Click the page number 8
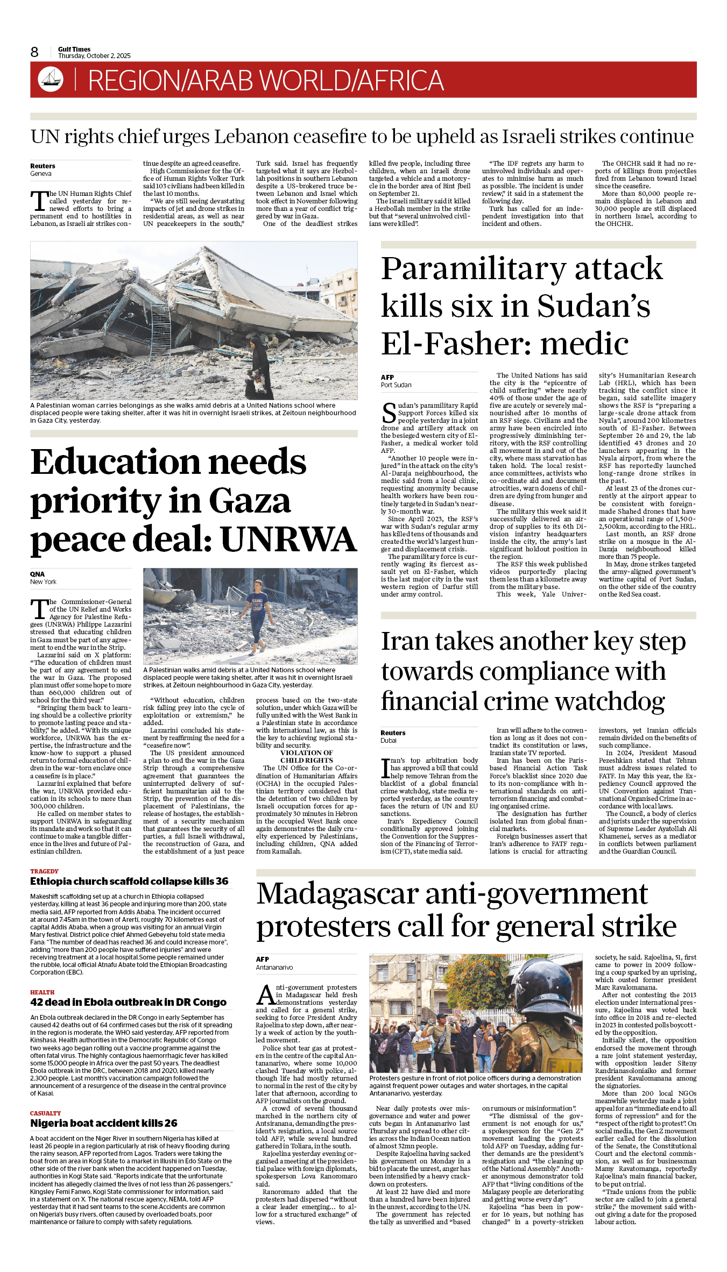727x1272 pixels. [x=34, y=52]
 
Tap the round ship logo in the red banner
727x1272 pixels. [x=51, y=79]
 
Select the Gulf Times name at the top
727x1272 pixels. [x=74, y=49]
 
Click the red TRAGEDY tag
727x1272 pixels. [x=44, y=871]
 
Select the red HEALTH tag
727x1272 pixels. [x=43, y=992]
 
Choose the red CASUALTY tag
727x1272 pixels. [x=45, y=1113]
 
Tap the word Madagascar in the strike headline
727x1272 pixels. [x=337, y=894]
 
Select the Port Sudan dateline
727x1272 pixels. [x=396, y=385]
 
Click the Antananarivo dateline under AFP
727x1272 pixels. [x=274, y=968]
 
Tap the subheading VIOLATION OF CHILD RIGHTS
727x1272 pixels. [x=306, y=757]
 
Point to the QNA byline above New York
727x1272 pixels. [x=37, y=574]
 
